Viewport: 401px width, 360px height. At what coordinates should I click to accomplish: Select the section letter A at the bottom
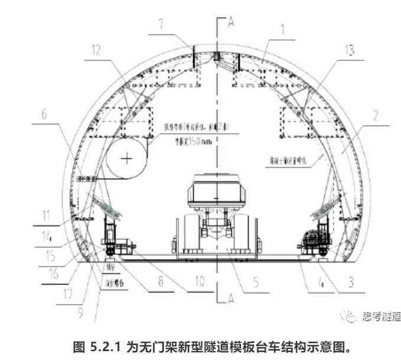pos(232,300)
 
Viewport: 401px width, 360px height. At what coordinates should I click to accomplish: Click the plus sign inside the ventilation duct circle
pos(127,158)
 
